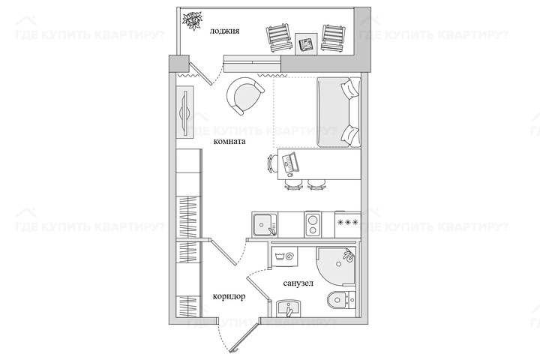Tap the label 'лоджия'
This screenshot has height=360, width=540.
click(224, 31)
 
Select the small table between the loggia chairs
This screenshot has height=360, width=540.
click(306, 43)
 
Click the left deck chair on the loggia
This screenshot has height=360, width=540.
click(278, 37)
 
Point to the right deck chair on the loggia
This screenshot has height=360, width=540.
click(333, 38)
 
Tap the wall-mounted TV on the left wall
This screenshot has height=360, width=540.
click(185, 112)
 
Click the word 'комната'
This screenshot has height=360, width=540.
click(229, 141)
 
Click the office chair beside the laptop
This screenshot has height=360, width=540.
click(272, 163)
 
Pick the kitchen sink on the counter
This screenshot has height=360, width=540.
click(265, 225)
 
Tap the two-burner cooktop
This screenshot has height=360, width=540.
click(313, 224)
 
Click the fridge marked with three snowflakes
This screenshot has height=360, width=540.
click(348, 224)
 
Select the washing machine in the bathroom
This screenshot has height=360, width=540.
click(284, 256)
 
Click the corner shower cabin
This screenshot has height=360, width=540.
click(337, 265)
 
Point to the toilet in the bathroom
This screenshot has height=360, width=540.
click(341, 300)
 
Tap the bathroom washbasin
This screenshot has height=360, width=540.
click(289, 308)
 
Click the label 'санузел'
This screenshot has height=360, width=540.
click(298, 283)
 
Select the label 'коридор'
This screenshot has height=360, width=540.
click(229, 296)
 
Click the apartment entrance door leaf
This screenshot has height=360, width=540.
click(245, 337)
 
